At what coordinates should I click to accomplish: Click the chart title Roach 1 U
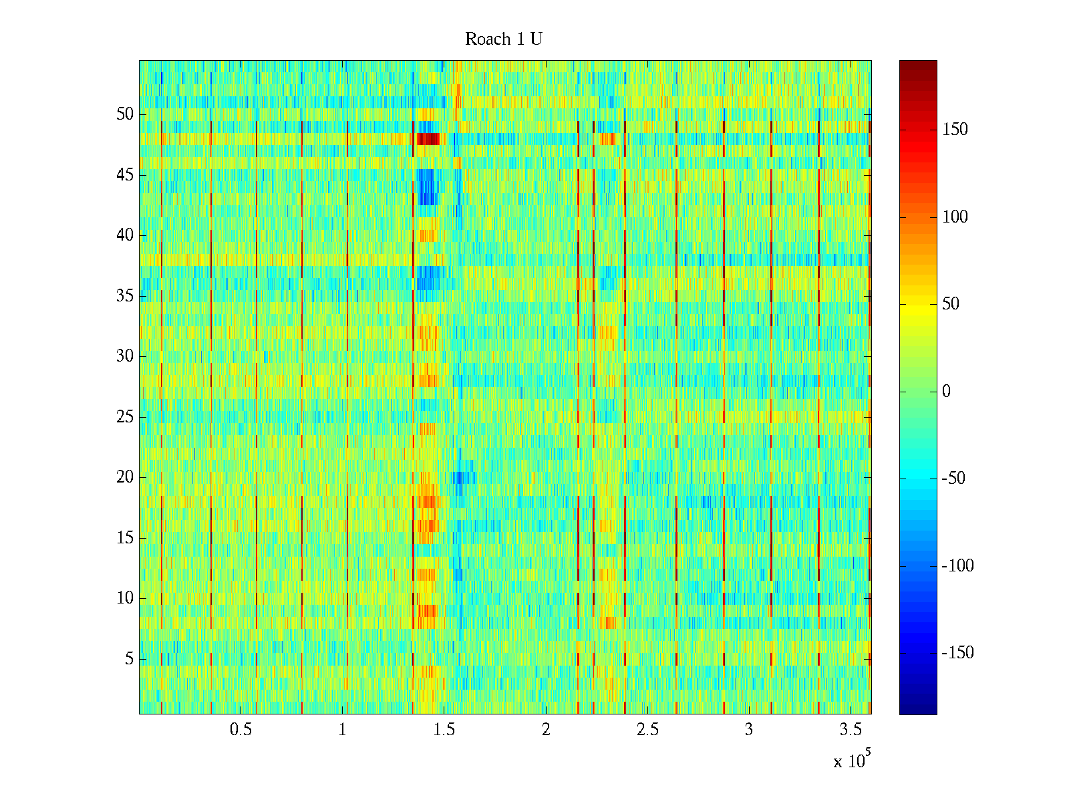point(503,39)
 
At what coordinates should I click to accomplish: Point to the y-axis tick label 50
point(125,114)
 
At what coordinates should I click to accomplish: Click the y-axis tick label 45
point(125,175)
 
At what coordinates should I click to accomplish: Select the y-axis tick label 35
point(125,296)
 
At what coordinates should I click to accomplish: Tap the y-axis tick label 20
point(125,477)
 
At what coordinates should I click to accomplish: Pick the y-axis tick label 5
point(129,659)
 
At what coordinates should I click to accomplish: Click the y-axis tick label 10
point(125,598)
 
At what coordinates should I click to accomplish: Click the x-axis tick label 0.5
point(241,730)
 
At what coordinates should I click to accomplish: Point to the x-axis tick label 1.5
point(444,730)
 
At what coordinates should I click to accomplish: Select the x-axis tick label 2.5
point(647,730)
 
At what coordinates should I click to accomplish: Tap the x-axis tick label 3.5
point(851,730)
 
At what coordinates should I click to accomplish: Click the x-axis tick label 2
point(546,730)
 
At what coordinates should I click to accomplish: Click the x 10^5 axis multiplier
point(850,761)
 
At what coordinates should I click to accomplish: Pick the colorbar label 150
point(955,130)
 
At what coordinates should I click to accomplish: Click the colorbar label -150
point(957,653)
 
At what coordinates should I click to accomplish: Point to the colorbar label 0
point(946,392)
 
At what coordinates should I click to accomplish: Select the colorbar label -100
point(957,566)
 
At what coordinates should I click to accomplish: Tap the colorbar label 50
point(951,304)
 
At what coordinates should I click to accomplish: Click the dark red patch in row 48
point(428,139)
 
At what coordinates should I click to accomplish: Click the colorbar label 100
point(955,217)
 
